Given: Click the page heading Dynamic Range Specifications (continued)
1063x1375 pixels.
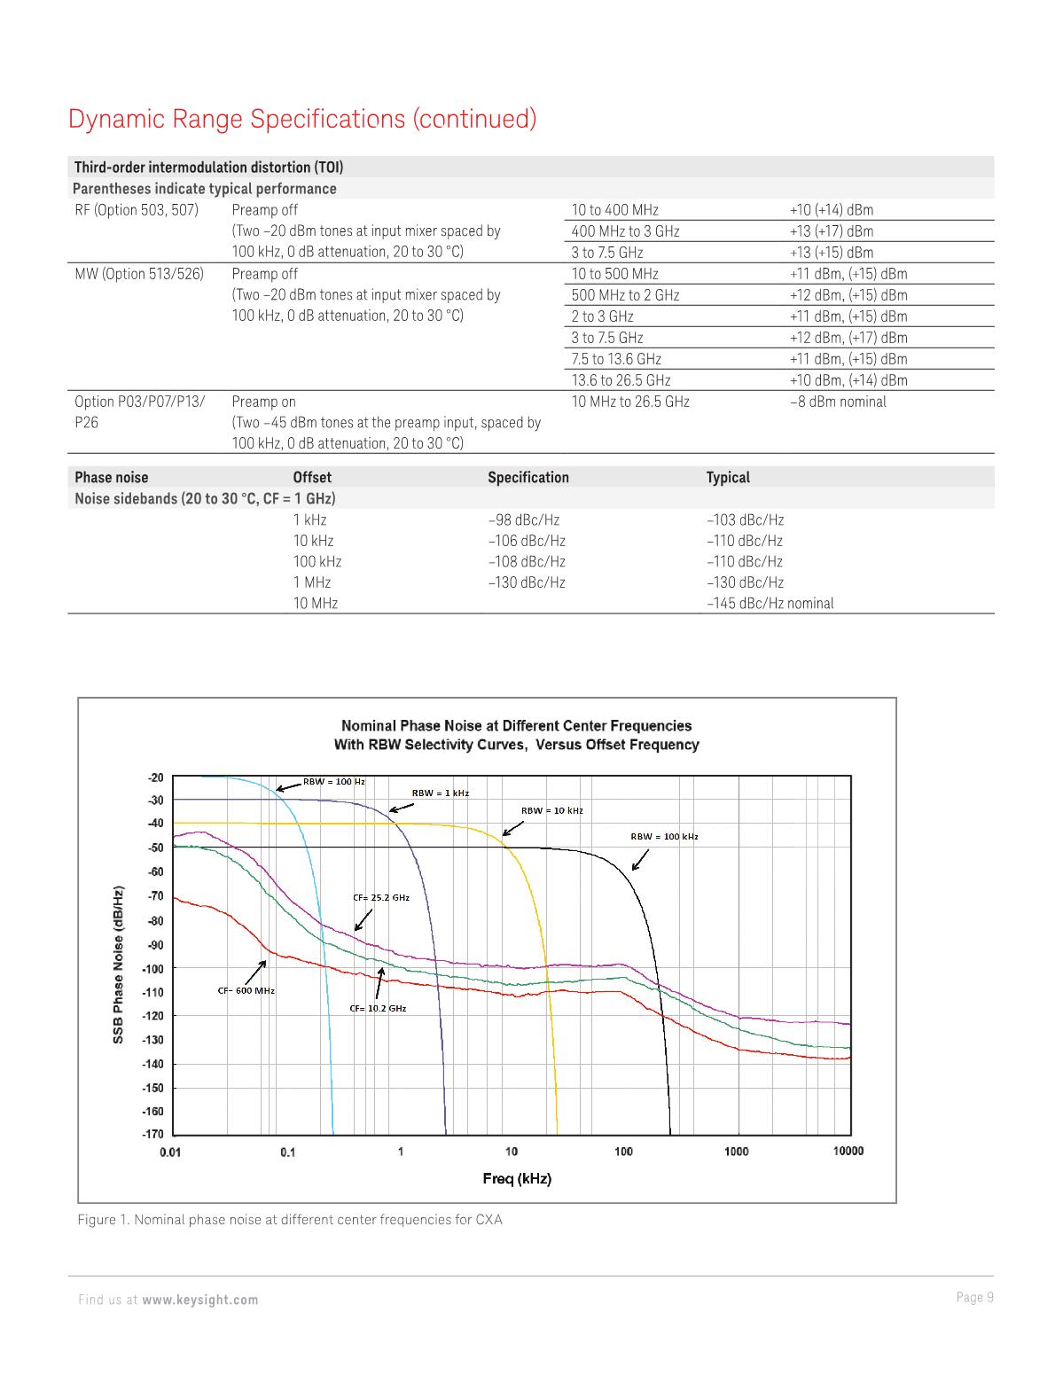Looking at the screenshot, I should tap(302, 119).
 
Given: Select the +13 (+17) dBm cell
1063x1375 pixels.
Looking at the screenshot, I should tap(831, 231).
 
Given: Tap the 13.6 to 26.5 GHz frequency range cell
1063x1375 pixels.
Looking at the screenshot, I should tap(621, 380).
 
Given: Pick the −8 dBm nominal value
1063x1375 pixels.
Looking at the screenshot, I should tap(837, 402).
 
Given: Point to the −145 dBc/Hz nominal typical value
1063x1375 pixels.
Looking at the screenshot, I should tap(770, 604).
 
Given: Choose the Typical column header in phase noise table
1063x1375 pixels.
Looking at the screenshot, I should tap(727, 478).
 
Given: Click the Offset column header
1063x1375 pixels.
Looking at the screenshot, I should tap(312, 478).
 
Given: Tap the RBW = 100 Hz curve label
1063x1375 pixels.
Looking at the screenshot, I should tap(333, 782).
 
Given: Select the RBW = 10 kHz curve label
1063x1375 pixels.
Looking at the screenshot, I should tap(551, 810).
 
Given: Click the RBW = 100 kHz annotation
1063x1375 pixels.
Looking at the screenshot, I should tap(664, 836).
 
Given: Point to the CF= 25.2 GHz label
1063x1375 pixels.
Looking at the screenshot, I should tap(381, 897).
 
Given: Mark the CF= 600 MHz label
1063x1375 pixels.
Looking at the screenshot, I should tap(246, 990).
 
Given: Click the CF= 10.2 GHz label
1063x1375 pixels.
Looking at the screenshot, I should tap(378, 1009).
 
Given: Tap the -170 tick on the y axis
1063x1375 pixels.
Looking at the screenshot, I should tap(155, 1134).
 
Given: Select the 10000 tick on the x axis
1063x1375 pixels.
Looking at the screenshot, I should tap(848, 1151).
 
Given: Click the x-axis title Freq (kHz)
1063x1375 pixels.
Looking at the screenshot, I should tap(517, 1178).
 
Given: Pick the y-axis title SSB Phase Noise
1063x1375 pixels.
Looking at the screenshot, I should tap(117, 964).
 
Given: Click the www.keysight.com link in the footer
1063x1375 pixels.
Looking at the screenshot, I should tap(200, 1300).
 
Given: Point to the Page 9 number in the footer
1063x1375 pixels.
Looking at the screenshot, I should tap(974, 1298).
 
